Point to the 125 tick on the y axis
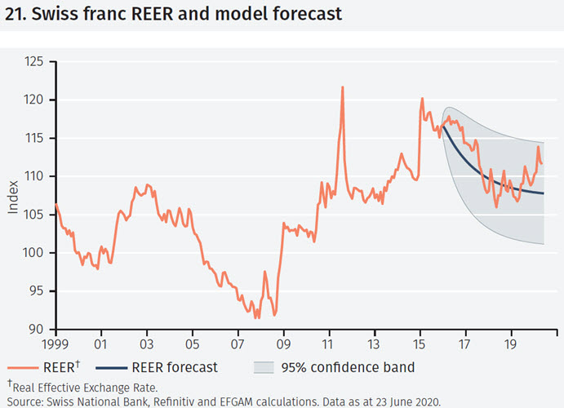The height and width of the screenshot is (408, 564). click(33, 62)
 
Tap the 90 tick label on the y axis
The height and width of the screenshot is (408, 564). click(37, 330)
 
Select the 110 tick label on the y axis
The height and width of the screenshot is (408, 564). click(33, 176)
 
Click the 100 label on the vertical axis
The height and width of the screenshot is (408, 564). click(33, 253)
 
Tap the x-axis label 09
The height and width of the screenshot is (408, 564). click(283, 345)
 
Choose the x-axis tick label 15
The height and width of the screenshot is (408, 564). click(420, 345)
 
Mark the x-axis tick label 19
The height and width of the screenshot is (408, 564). click(511, 345)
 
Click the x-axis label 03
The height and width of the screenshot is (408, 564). click(147, 345)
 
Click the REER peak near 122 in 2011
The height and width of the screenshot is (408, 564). click(342, 87)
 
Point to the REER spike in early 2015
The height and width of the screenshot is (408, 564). click(422, 99)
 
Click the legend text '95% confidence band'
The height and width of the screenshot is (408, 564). click(348, 367)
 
